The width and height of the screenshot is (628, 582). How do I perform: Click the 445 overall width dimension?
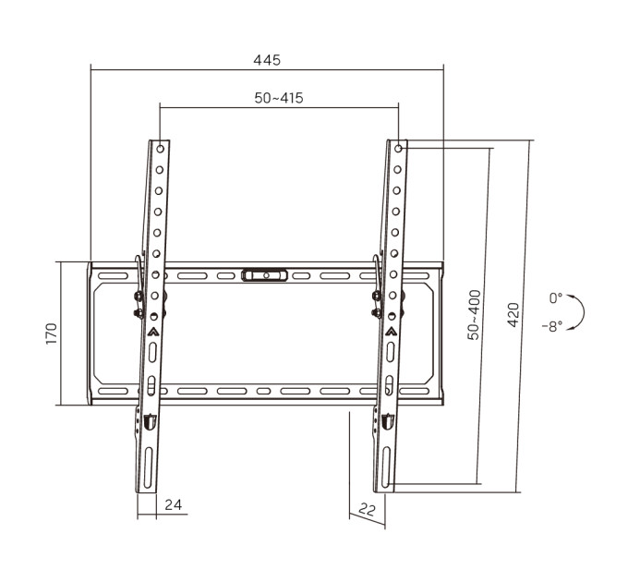click(267, 60)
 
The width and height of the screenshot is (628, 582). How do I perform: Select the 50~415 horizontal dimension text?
click(279, 98)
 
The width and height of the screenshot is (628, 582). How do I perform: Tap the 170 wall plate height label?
click(52, 333)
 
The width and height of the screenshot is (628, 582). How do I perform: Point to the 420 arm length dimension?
click(513, 315)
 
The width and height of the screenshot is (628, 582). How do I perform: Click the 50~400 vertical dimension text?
click(474, 315)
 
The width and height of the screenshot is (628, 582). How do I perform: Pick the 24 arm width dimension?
click(173, 504)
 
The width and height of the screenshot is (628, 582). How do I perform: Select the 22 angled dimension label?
click(368, 510)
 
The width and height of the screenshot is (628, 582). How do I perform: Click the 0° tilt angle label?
click(556, 298)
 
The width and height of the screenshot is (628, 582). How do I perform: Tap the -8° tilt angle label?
click(552, 326)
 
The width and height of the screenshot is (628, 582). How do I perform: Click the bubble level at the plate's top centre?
click(264, 275)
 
